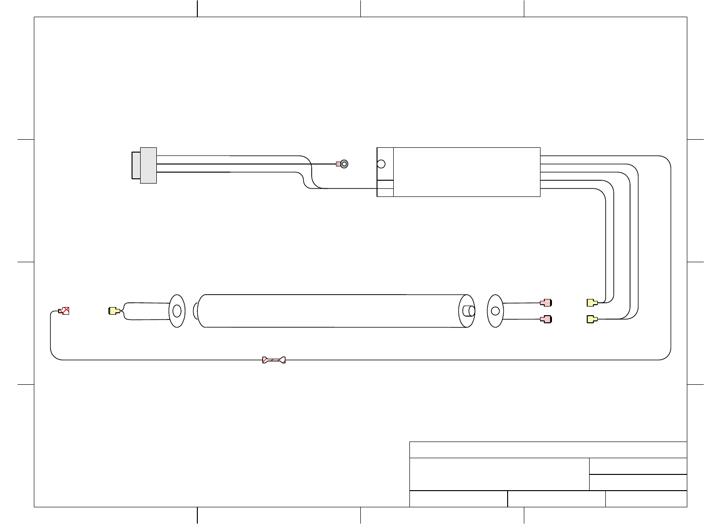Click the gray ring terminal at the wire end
(344, 164)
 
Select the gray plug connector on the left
(144, 165)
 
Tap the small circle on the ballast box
(381, 164)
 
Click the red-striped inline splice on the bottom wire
(274, 360)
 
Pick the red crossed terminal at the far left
(64, 311)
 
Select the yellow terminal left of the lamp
(113, 311)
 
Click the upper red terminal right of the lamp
(546, 302)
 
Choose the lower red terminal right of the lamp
(546, 319)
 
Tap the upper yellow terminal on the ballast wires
(592, 302)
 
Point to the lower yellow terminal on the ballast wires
(592, 319)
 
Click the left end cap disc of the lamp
(177, 311)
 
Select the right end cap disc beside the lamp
(495, 311)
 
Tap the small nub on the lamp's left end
(195, 311)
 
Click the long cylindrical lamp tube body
(329, 311)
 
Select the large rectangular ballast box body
(466, 172)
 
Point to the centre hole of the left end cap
(177, 311)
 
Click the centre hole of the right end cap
(495, 311)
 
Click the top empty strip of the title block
(548, 450)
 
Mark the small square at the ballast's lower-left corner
(385, 192)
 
